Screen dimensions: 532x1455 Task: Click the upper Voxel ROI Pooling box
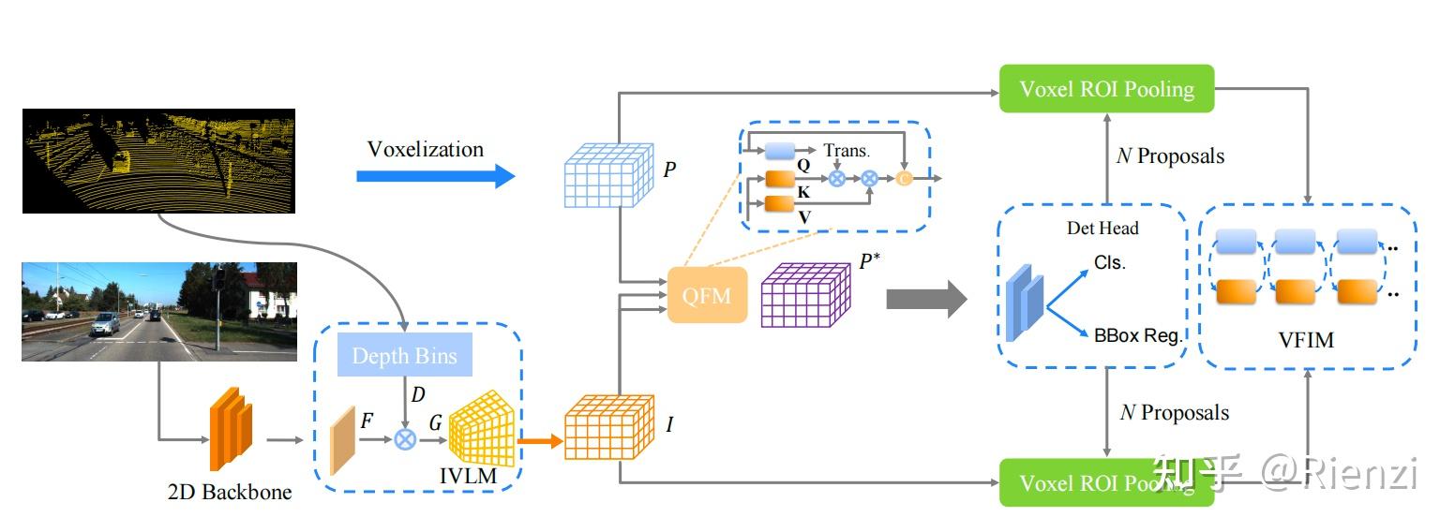(x=1106, y=89)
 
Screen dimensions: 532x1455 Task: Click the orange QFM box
(x=707, y=295)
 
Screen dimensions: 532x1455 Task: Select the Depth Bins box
(x=404, y=356)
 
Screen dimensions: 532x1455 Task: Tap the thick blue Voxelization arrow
(x=435, y=175)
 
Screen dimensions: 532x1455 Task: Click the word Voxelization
(x=425, y=149)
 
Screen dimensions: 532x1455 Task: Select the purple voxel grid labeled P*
(x=805, y=293)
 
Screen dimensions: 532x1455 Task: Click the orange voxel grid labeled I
(x=608, y=425)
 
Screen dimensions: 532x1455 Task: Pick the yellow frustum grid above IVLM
(x=482, y=427)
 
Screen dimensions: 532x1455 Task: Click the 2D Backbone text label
(x=229, y=492)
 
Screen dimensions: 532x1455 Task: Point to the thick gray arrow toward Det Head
(x=925, y=300)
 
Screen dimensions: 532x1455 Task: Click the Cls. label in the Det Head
(x=1109, y=263)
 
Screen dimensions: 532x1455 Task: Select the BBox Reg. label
(x=1138, y=334)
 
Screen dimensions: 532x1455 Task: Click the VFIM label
(x=1306, y=340)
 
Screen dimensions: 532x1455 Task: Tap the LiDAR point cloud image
(x=158, y=160)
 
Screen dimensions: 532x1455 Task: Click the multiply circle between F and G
(x=405, y=438)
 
